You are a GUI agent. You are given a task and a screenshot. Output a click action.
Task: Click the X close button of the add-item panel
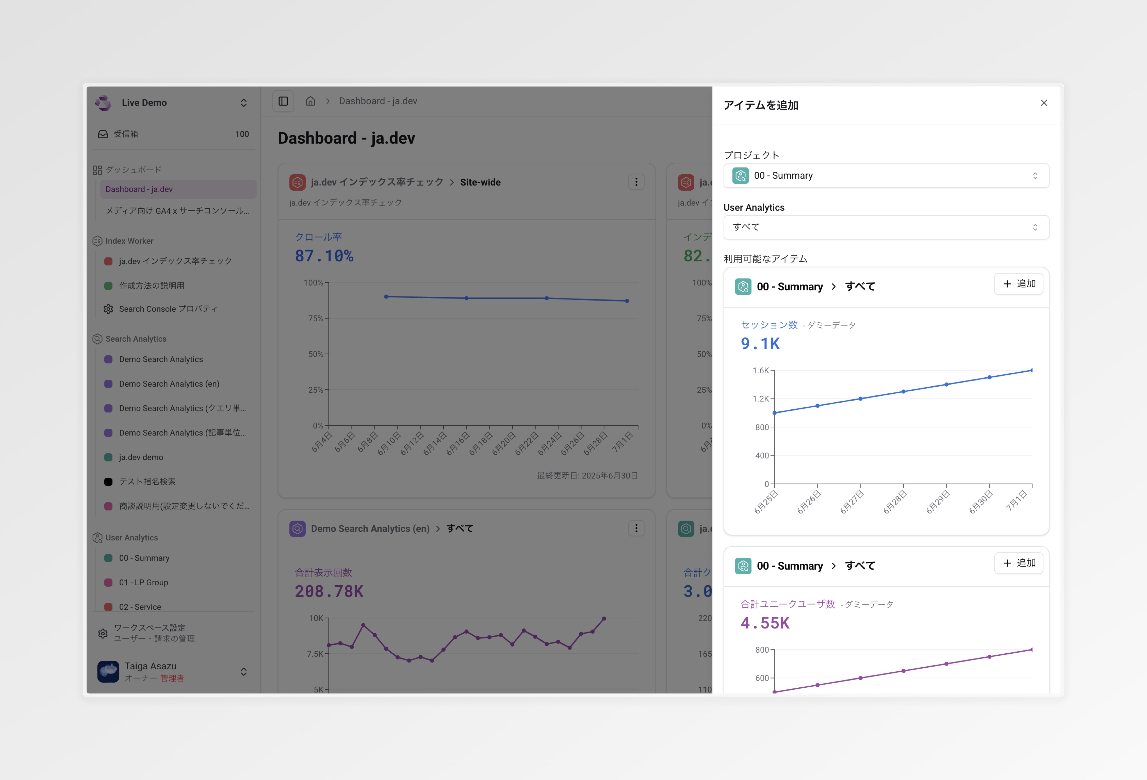(1043, 103)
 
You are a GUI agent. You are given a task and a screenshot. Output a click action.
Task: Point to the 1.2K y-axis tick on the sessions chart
(761, 399)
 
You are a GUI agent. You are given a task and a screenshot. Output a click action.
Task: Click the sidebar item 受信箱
(126, 134)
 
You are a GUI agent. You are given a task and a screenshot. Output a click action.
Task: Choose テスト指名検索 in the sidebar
(147, 481)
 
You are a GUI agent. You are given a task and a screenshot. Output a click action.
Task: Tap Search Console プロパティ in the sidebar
(168, 309)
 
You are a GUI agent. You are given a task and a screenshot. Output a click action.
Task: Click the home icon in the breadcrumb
(310, 101)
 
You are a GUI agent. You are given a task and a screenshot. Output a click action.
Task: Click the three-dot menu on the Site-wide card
(636, 182)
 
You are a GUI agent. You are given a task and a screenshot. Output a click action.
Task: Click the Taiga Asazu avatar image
(108, 671)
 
